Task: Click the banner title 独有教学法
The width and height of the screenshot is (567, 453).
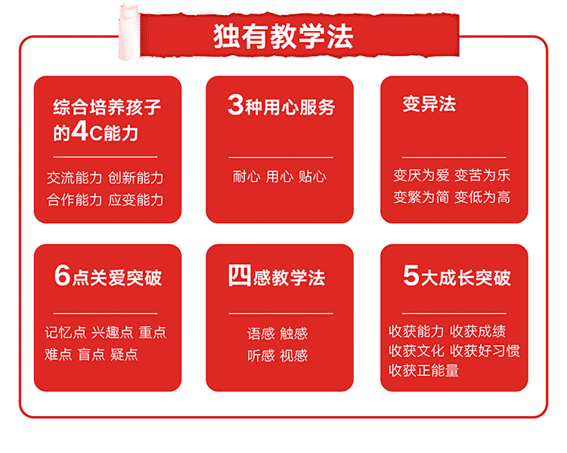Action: pos(283,36)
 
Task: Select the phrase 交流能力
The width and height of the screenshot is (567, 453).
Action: pos(75,177)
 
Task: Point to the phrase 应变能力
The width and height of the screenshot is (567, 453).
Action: pos(135,200)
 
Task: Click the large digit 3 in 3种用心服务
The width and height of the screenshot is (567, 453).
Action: pos(235,105)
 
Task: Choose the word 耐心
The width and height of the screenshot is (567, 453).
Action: pos(246,177)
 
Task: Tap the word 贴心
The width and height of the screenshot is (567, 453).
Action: pos(312,177)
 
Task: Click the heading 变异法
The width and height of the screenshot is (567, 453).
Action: pos(429,104)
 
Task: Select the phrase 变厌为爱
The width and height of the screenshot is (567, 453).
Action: pos(421,176)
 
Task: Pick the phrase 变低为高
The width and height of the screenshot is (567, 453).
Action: pos(482,197)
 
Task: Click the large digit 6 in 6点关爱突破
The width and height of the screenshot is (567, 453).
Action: pos(62,276)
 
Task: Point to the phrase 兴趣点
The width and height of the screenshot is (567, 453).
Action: pos(113,332)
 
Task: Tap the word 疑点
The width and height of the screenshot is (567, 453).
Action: pos(124,354)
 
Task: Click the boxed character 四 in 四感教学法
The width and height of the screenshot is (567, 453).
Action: pos(240,276)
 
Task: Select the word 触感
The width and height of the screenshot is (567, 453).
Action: pos(293,334)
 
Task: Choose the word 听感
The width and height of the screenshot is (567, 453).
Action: pos(261,356)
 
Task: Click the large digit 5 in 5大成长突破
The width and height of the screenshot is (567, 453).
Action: pos(411,276)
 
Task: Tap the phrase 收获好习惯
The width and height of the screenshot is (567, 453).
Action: pos(485,351)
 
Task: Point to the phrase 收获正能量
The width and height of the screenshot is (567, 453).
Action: pos(423,371)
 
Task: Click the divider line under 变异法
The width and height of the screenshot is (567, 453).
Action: pos(454,158)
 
